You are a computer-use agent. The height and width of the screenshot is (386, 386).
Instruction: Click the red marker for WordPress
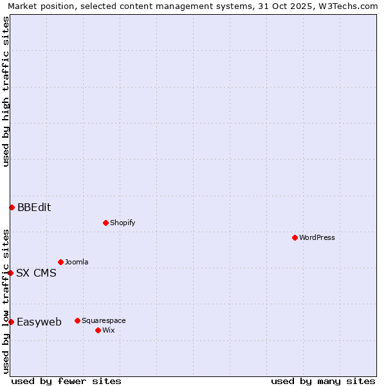pyautogui.click(x=295, y=237)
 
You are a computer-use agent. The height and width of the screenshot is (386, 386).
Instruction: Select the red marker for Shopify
pyautogui.click(x=106, y=223)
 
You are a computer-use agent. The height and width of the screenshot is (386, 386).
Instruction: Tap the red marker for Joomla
pyautogui.click(x=60, y=262)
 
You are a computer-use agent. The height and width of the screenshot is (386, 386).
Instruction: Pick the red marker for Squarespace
pyautogui.click(x=77, y=320)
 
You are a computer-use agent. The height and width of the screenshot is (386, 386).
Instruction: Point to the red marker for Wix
pyautogui.click(x=98, y=330)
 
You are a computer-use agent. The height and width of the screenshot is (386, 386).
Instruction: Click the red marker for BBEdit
pyautogui.click(x=12, y=207)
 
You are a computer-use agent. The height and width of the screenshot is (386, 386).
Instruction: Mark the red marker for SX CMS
pyautogui.click(x=10, y=273)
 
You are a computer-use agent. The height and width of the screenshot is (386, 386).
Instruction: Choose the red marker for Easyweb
pyautogui.click(x=11, y=322)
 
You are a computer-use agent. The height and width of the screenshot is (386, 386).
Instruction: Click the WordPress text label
pyautogui.click(x=317, y=237)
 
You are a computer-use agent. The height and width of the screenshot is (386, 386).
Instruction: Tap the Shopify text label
pyautogui.click(x=122, y=223)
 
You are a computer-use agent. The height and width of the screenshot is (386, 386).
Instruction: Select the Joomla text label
pyautogui.click(x=77, y=262)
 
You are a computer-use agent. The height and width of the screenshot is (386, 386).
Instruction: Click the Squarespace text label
pyautogui.click(x=104, y=320)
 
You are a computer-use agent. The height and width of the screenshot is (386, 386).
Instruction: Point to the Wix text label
pyautogui.click(x=108, y=330)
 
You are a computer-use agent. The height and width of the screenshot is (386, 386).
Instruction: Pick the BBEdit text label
pyautogui.click(x=34, y=207)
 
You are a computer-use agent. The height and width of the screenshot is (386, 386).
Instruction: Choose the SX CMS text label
pyautogui.click(x=36, y=273)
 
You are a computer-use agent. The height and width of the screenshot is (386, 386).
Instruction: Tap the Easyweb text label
pyautogui.click(x=39, y=322)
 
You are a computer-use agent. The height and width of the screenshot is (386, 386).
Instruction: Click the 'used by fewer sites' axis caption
pyautogui.click(x=66, y=381)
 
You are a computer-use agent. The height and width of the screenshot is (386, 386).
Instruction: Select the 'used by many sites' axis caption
pyautogui.click(x=323, y=381)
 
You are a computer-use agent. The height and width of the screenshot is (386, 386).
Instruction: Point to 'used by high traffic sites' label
pyautogui.click(x=6, y=91)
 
